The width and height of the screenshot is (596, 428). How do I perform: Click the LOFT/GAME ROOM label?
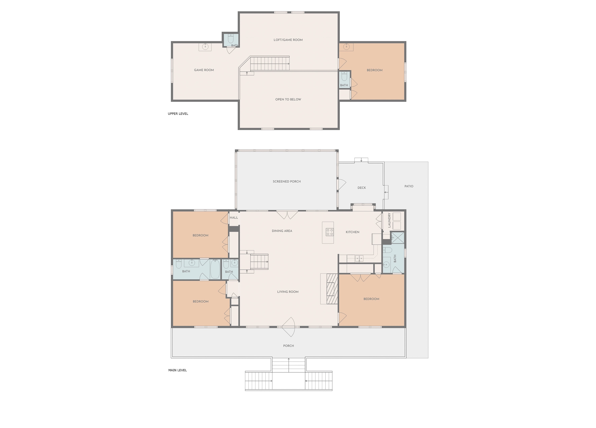point(288,40)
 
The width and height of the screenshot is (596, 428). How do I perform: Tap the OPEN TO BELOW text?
point(288,99)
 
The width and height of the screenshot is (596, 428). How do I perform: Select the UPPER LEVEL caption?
point(178,114)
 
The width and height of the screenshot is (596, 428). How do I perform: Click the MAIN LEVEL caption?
point(177,370)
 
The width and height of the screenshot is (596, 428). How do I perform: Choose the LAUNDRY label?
point(389,220)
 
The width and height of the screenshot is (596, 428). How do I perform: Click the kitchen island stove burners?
point(330,232)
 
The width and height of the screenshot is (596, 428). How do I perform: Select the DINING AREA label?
point(282,231)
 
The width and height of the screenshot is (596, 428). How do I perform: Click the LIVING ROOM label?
point(288,292)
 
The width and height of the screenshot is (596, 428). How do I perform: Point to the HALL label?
point(234,218)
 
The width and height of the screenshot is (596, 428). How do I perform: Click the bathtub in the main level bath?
point(215,269)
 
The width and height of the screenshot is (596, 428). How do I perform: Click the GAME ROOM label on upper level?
point(204,70)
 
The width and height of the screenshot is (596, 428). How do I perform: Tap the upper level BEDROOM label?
point(374,70)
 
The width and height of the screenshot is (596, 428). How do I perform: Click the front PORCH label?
point(288,346)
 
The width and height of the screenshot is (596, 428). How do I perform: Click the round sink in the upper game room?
point(205,47)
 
